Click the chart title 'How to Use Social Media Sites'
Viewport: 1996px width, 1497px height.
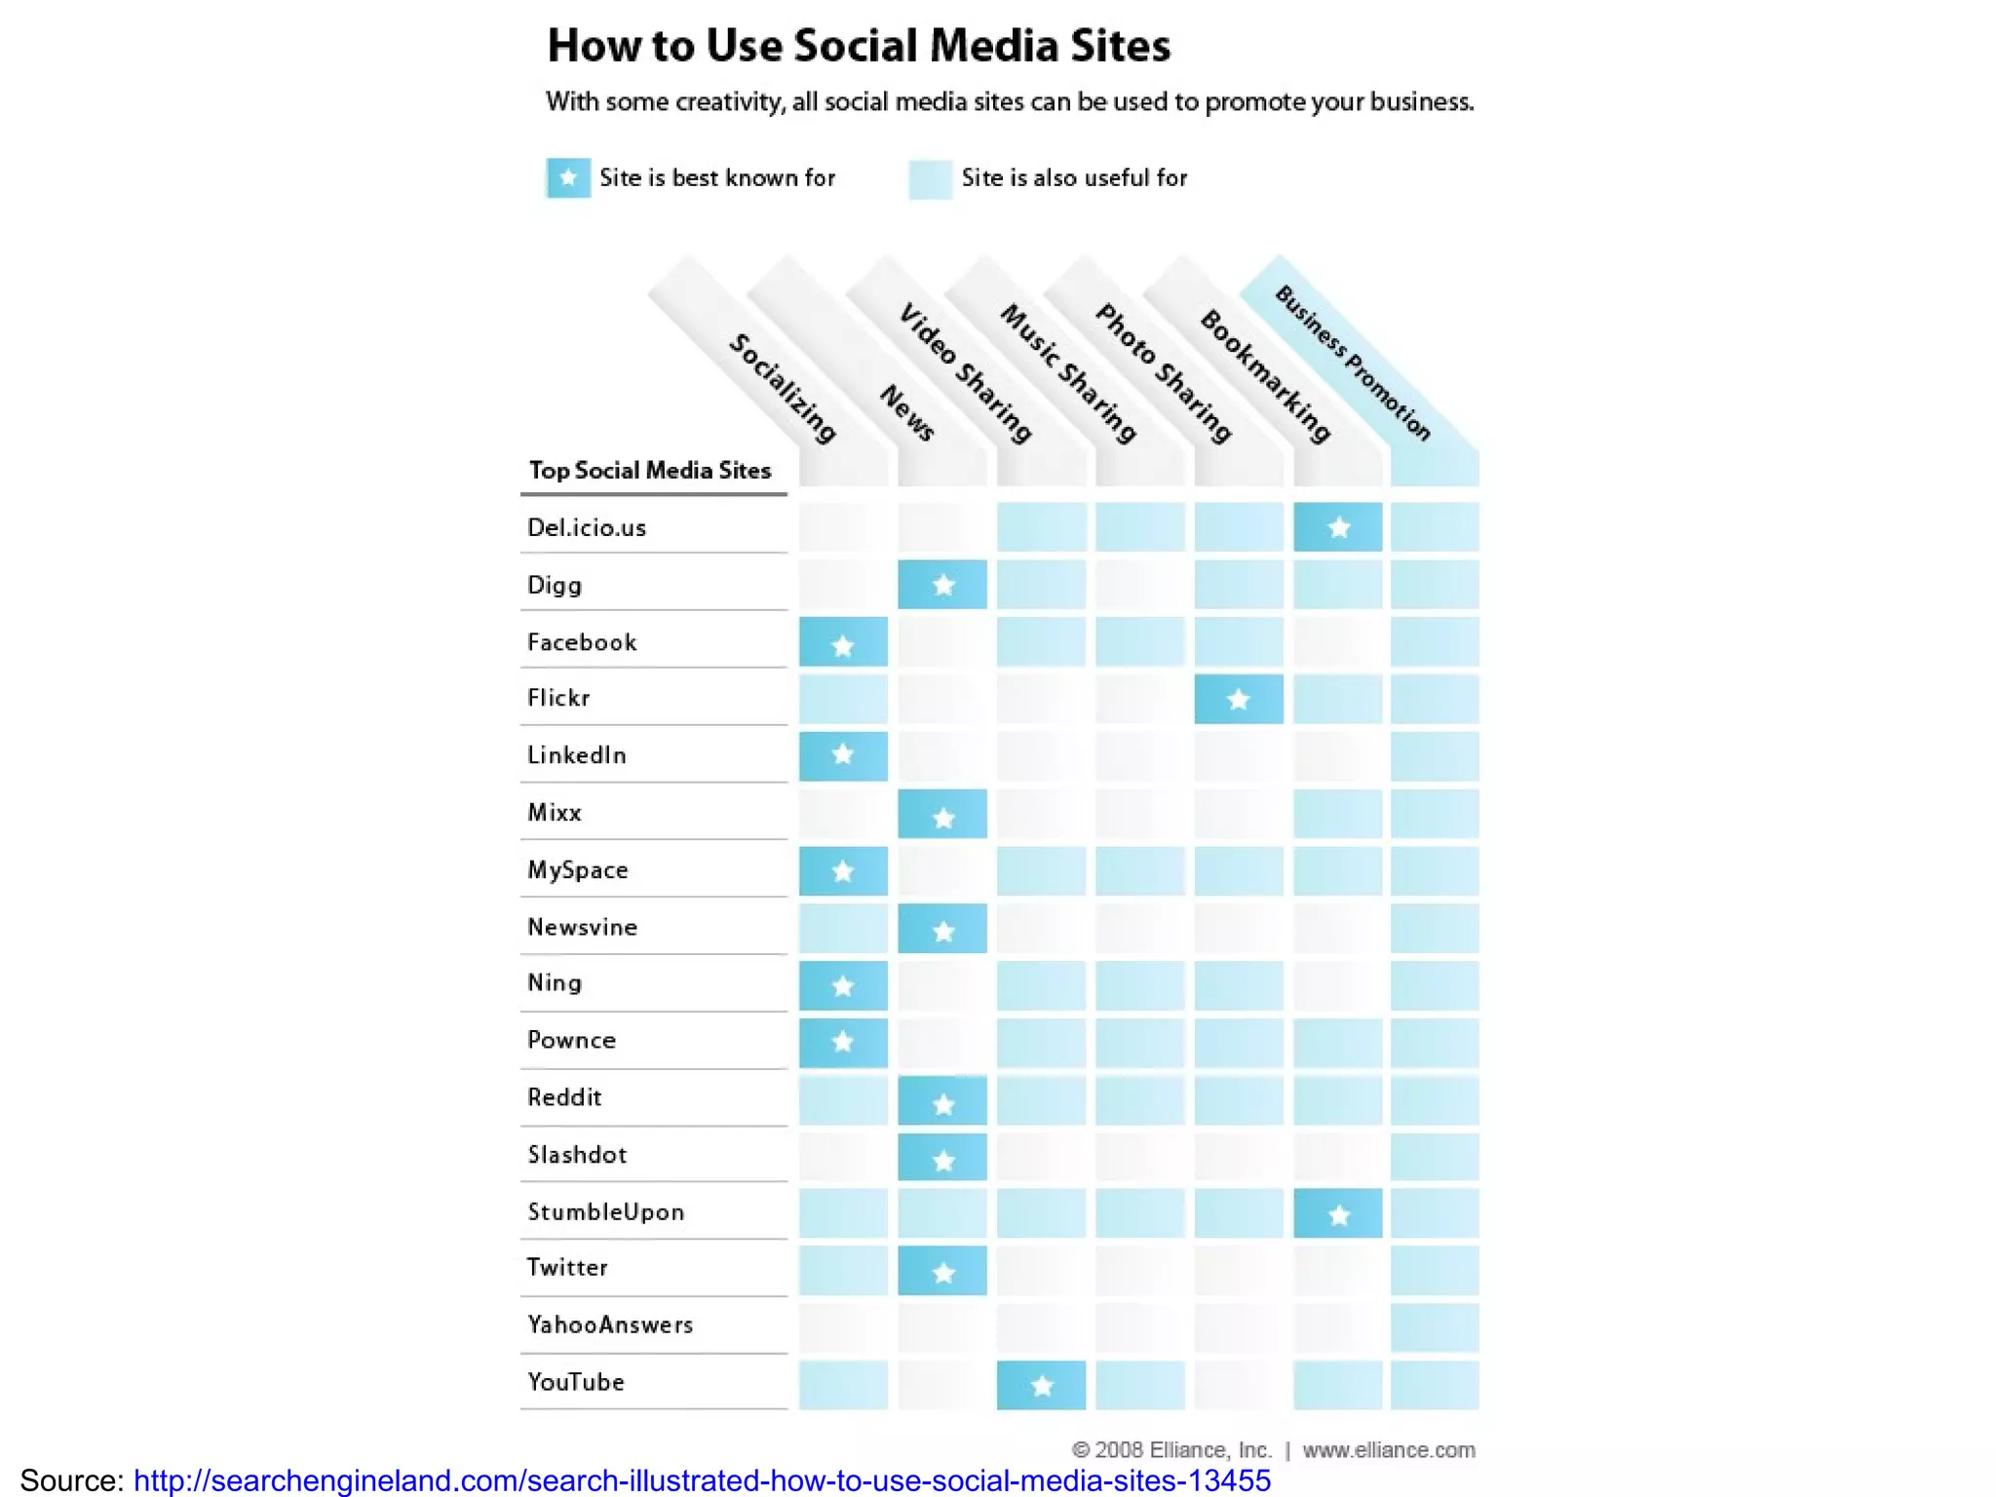pos(858,46)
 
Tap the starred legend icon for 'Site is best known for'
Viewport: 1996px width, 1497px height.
pos(568,178)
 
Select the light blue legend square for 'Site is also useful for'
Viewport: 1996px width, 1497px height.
pos(930,179)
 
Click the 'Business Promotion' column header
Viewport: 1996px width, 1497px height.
pos(1354,364)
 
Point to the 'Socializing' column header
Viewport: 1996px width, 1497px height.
pos(784,388)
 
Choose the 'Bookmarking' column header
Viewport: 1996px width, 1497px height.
pos(1265,376)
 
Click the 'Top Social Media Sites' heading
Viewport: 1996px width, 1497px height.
pos(650,471)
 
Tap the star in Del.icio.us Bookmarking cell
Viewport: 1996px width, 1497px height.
pos(1338,528)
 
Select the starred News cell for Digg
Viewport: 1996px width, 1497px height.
pos(942,585)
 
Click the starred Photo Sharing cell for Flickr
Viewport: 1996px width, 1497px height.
pos(1239,699)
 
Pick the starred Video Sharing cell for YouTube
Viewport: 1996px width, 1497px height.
pos(1041,1385)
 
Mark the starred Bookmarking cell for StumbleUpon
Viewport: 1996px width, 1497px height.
pos(1338,1214)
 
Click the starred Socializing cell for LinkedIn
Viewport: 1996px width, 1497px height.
pos(843,755)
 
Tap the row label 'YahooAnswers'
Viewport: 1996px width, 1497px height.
pos(610,1324)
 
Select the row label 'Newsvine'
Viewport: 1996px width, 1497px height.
pos(582,927)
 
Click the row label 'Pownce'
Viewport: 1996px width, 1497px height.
pos(571,1040)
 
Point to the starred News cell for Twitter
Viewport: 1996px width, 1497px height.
pos(942,1271)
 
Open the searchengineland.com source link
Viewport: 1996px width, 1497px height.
pos(702,1480)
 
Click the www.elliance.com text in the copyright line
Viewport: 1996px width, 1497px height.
pos(1389,1450)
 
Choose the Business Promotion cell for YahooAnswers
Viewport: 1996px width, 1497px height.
pos(1435,1327)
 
